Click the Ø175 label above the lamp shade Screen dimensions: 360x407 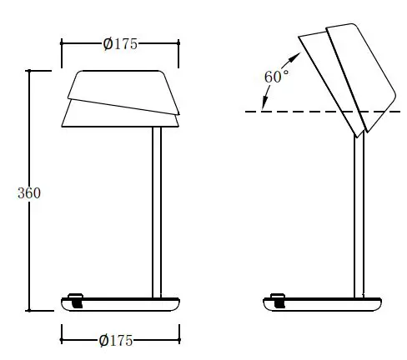[120, 44]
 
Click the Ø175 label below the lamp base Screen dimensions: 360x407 [117, 340]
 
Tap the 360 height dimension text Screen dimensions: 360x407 [29, 192]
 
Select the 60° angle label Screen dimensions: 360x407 [276, 76]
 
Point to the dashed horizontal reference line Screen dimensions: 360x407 [317, 111]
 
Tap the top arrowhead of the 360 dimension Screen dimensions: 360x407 [31, 74]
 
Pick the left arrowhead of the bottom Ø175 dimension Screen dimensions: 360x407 [65, 340]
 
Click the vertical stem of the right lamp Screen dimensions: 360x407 [359, 217]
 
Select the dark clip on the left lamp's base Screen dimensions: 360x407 [77, 300]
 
